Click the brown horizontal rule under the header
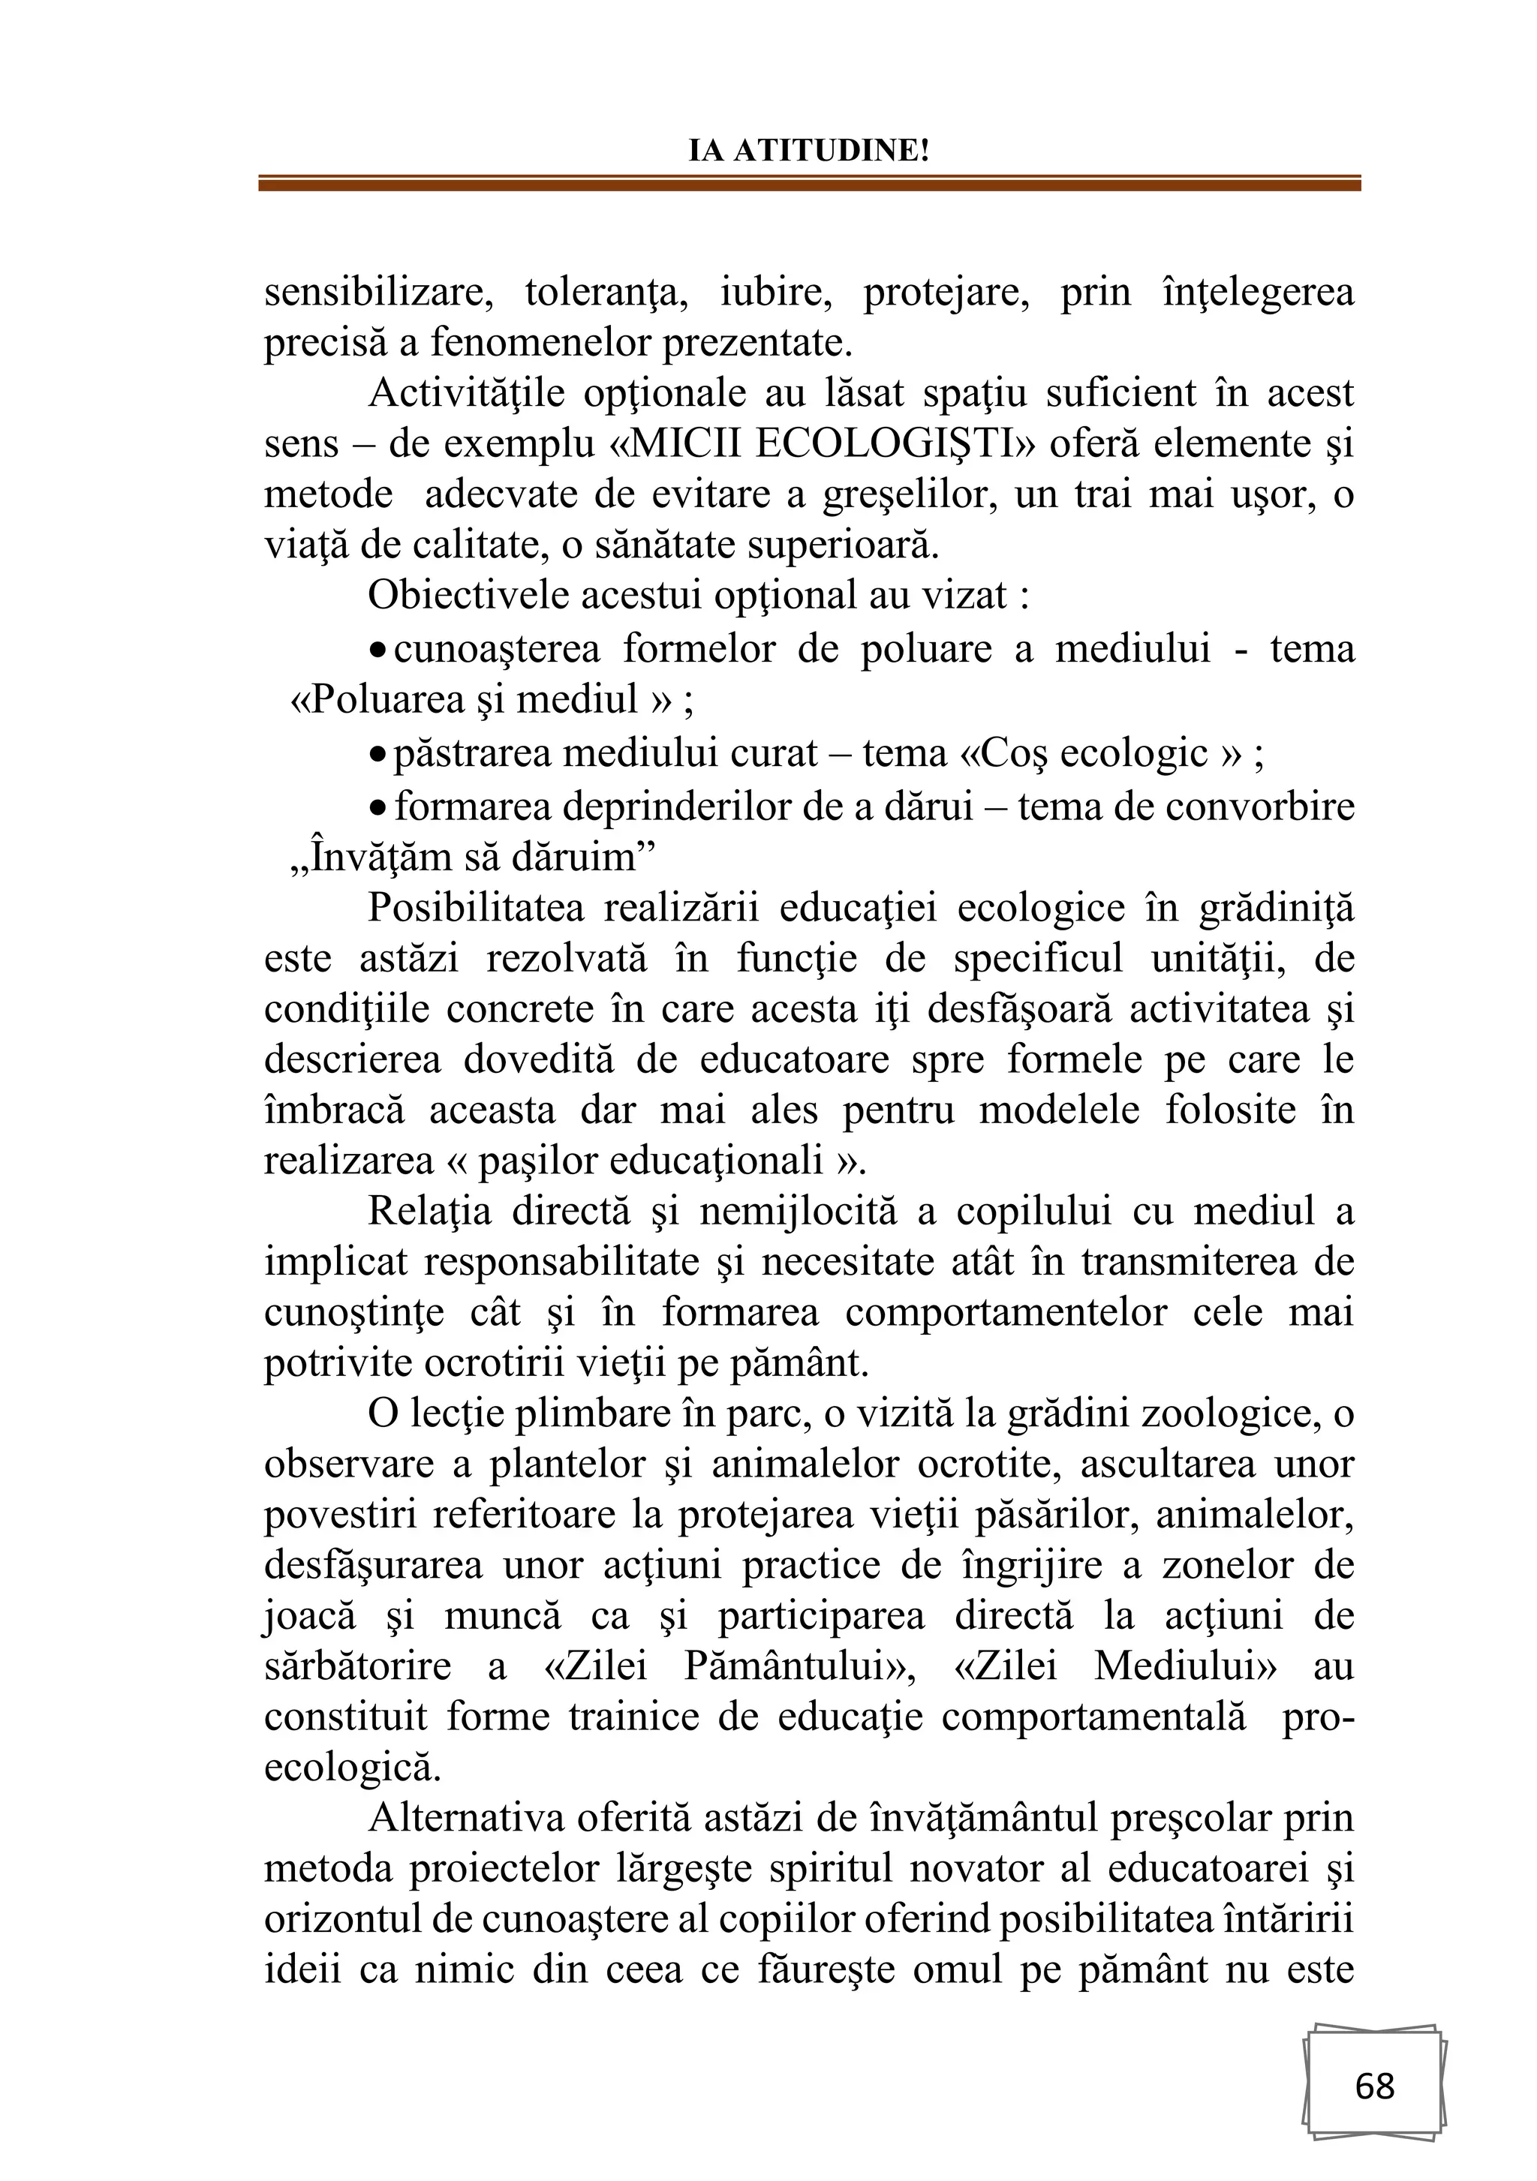[808, 183]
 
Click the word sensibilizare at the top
[378, 292]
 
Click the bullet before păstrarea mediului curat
[377, 756]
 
